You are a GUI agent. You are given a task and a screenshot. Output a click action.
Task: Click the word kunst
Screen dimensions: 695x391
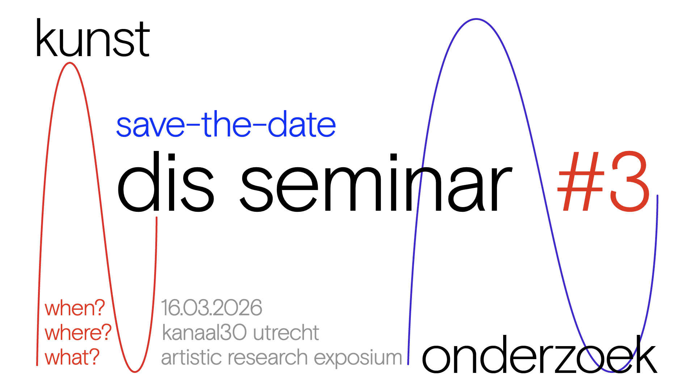click(x=93, y=39)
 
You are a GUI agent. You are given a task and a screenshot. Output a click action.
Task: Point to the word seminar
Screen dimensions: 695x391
click(x=376, y=182)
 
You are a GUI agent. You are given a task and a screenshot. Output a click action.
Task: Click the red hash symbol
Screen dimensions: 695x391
click(x=581, y=181)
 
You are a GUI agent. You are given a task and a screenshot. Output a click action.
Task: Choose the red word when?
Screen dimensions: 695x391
click(x=75, y=308)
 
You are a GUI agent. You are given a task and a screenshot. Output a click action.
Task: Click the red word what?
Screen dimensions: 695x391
click(x=72, y=357)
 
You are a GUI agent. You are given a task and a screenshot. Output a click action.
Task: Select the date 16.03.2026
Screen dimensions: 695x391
click(x=211, y=308)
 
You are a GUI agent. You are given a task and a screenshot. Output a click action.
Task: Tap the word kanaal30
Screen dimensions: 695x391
click(x=205, y=332)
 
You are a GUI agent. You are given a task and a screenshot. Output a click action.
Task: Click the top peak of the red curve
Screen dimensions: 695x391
click(x=69, y=63)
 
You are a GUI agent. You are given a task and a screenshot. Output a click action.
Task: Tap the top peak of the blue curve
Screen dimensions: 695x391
click(x=476, y=19)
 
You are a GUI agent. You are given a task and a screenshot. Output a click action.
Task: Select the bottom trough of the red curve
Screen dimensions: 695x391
click(x=135, y=372)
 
